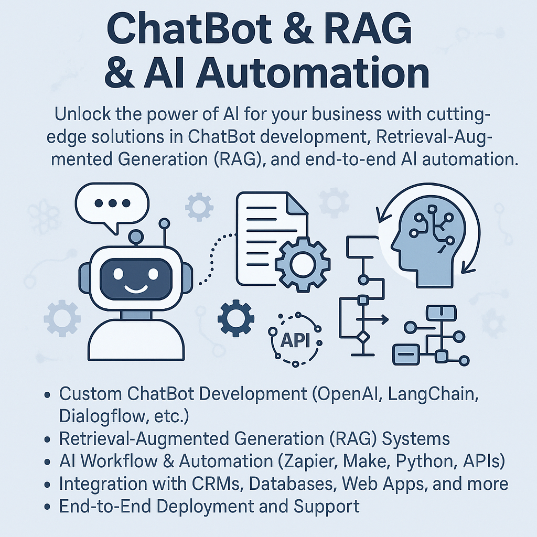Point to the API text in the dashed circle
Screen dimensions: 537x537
click(295, 341)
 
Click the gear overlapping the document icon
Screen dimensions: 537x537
click(303, 264)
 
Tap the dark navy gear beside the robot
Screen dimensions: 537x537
click(235, 318)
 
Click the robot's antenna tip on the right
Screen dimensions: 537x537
click(165, 223)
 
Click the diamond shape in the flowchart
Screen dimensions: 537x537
click(362, 337)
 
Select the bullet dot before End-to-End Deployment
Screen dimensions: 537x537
click(48, 508)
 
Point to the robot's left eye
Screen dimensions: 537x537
click(118, 274)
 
